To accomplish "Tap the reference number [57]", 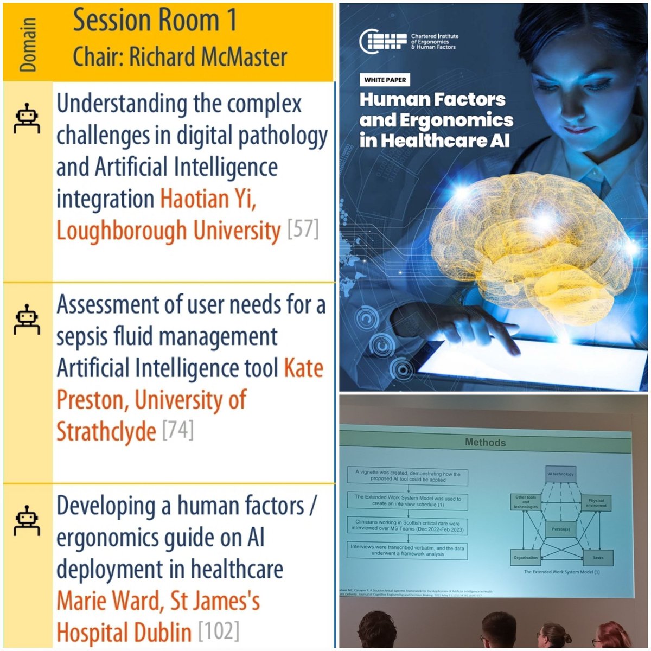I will pos(303,229).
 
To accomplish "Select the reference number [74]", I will pos(177,431).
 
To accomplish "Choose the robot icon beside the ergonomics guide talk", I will pos(27,520).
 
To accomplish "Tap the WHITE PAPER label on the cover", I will pos(385,80).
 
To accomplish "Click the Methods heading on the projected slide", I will pos(485,443).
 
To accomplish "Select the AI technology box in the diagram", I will pos(560,474).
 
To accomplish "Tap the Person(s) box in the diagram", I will pos(561,529).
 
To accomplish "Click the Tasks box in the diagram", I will pos(598,557).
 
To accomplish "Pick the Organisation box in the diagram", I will pos(525,557).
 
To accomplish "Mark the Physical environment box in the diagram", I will pos(596,503).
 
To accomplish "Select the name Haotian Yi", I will pos(208,199).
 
